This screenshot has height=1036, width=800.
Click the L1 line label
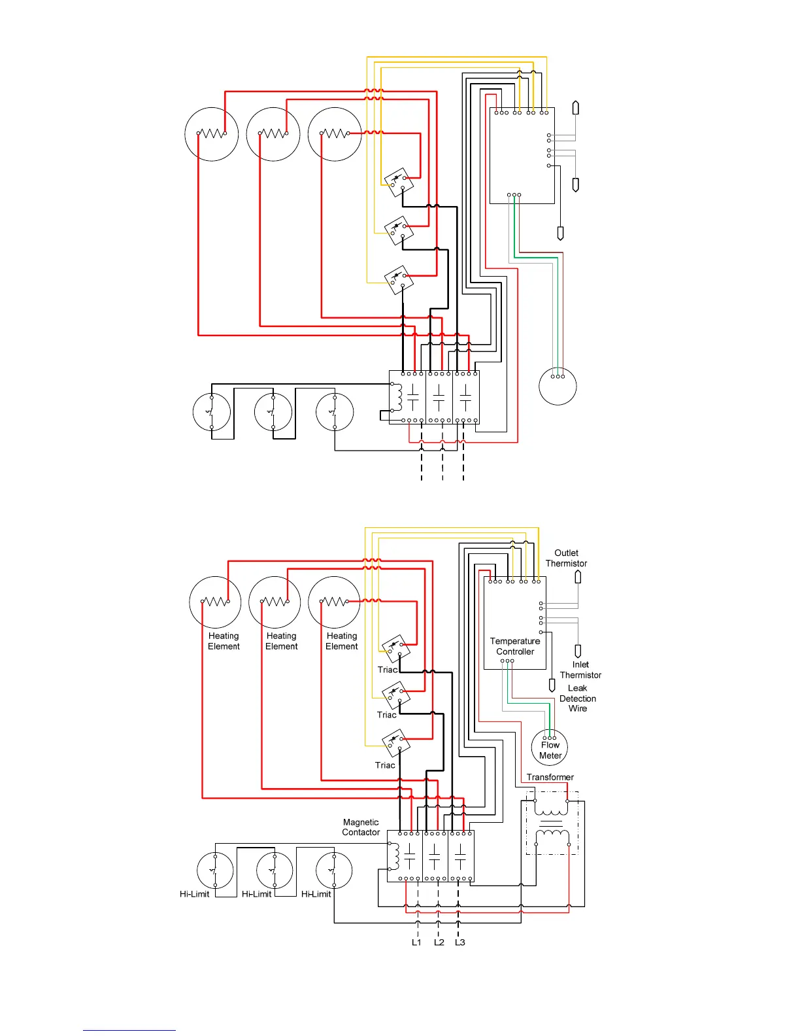[x=416, y=942]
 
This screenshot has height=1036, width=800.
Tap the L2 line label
[x=439, y=942]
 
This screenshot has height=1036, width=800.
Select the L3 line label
[x=460, y=942]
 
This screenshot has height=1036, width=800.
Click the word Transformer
[x=550, y=777]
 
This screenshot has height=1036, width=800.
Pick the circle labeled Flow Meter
[x=550, y=747]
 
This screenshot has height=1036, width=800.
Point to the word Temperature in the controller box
[x=515, y=641]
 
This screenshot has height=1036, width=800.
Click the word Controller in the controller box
[x=515, y=651]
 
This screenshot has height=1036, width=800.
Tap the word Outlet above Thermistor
[x=566, y=553]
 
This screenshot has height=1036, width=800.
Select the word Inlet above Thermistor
[x=580, y=665]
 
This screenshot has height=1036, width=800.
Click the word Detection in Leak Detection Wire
[x=578, y=699]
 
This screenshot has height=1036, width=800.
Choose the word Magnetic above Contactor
[x=361, y=822]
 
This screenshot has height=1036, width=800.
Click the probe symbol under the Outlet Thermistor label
[x=578, y=577]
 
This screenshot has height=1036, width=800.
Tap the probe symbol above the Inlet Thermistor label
[x=578, y=651]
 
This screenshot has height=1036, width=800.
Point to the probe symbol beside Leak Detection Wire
[x=552, y=685]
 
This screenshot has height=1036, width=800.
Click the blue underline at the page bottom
[x=129, y=1030]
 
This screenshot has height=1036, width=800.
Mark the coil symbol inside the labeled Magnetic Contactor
[x=395, y=855]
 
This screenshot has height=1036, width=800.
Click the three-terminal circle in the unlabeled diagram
[x=558, y=386]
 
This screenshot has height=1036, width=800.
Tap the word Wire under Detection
[x=578, y=708]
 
